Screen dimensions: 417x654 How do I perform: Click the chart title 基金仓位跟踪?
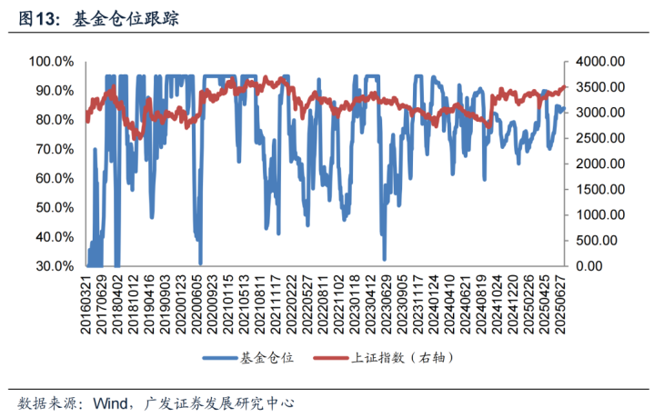pos(126,17)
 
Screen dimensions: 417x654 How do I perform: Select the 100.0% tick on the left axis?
pos(53,62)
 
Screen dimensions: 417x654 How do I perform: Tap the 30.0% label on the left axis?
pos(53,266)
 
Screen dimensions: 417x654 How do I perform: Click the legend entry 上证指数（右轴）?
pos(402,358)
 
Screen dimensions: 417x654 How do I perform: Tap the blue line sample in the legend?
pos(216,358)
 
